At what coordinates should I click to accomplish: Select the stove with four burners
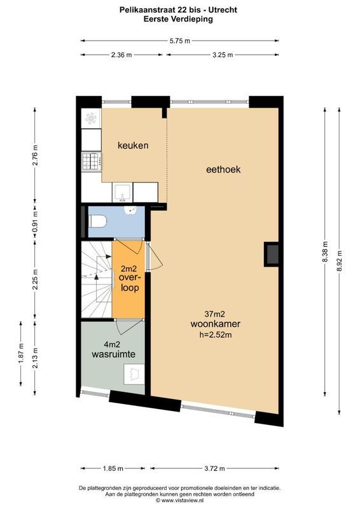pyautogui.click(x=90, y=162)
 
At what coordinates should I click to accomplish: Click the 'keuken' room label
pyautogui.click(x=133, y=146)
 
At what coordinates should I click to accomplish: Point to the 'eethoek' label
pyautogui.click(x=223, y=170)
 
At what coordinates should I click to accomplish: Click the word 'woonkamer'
pyautogui.click(x=214, y=323)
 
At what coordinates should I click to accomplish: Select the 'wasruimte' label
pyautogui.click(x=113, y=353)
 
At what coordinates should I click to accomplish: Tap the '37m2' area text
pyautogui.click(x=214, y=313)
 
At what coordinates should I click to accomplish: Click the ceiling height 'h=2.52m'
pyautogui.click(x=214, y=334)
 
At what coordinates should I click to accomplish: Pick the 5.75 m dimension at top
pyautogui.click(x=180, y=41)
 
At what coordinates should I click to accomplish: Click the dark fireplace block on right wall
pyautogui.click(x=272, y=254)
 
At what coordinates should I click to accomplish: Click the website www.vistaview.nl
pyautogui.click(x=180, y=500)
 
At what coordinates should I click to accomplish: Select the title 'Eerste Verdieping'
pyautogui.click(x=180, y=19)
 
